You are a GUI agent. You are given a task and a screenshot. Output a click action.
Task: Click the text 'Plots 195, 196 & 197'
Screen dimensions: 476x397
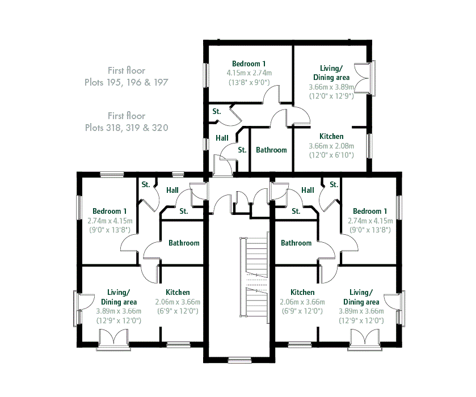click(127, 82)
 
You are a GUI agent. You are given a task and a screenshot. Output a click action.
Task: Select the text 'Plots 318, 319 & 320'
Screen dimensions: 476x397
click(127, 128)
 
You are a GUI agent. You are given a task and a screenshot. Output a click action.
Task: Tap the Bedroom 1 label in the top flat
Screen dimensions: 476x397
click(248, 64)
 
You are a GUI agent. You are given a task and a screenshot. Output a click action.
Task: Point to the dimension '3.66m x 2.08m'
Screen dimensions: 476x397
click(331, 146)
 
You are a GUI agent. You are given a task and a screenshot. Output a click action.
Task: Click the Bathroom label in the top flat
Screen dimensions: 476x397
click(271, 150)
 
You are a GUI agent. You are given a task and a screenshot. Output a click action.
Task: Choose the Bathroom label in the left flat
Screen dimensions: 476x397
click(184, 243)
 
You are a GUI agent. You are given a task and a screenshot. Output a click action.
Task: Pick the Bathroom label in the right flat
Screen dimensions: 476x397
click(296, 243)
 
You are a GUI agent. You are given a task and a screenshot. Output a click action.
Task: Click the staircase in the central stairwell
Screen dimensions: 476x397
click(254, 277)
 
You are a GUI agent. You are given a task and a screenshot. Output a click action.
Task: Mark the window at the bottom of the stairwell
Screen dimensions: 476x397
click(239, 360)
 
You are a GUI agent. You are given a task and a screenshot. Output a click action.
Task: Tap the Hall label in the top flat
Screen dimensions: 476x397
click(222, 138)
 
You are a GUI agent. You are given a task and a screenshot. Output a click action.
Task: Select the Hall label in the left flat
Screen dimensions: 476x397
click(172, 191)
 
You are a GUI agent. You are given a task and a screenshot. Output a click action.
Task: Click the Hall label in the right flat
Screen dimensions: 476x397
click(307, 191)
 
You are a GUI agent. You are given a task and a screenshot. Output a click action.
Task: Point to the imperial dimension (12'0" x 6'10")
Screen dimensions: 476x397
click(331, 155)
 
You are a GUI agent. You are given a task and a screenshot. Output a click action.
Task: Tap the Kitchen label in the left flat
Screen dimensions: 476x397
click(178, 292)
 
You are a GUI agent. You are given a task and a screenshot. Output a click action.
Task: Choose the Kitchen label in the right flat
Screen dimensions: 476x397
click(302, 292)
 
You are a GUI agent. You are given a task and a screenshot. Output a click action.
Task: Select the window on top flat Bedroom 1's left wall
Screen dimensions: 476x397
click(206, 75)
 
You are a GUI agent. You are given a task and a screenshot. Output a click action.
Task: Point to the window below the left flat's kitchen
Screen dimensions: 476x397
click(179, 345)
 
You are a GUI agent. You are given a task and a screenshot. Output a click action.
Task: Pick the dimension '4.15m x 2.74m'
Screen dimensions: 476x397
click(249, 73)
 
